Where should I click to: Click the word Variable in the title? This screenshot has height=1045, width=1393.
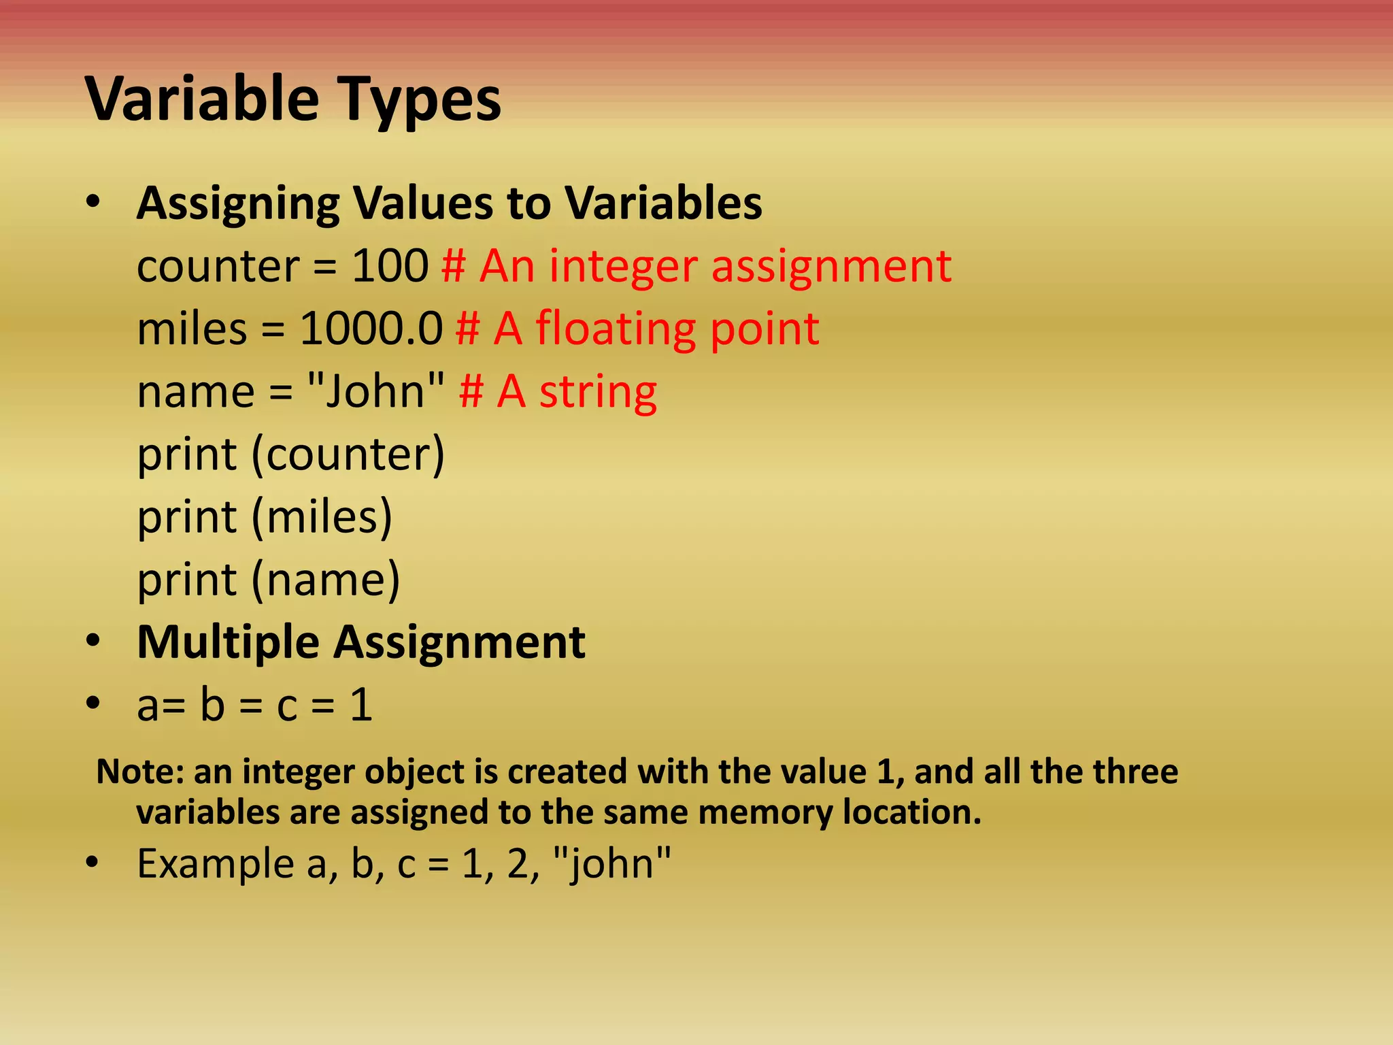[202, 99]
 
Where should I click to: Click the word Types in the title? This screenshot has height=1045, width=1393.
[420, 99]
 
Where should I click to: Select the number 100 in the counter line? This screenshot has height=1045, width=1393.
[390, 265]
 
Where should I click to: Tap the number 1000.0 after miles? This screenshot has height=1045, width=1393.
[371, 329]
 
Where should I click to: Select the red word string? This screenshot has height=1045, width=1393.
[598, 393]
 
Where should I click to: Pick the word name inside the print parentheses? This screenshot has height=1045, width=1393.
[326, 580]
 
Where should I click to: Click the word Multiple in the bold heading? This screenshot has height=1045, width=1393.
[228, 642]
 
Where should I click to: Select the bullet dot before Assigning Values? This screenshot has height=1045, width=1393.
[93, 202]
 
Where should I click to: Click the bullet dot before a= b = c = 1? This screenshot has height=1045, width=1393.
[93, 703]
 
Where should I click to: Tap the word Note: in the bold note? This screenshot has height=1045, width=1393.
[141, 772]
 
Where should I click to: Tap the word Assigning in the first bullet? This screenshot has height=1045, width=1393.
[238, 203]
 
